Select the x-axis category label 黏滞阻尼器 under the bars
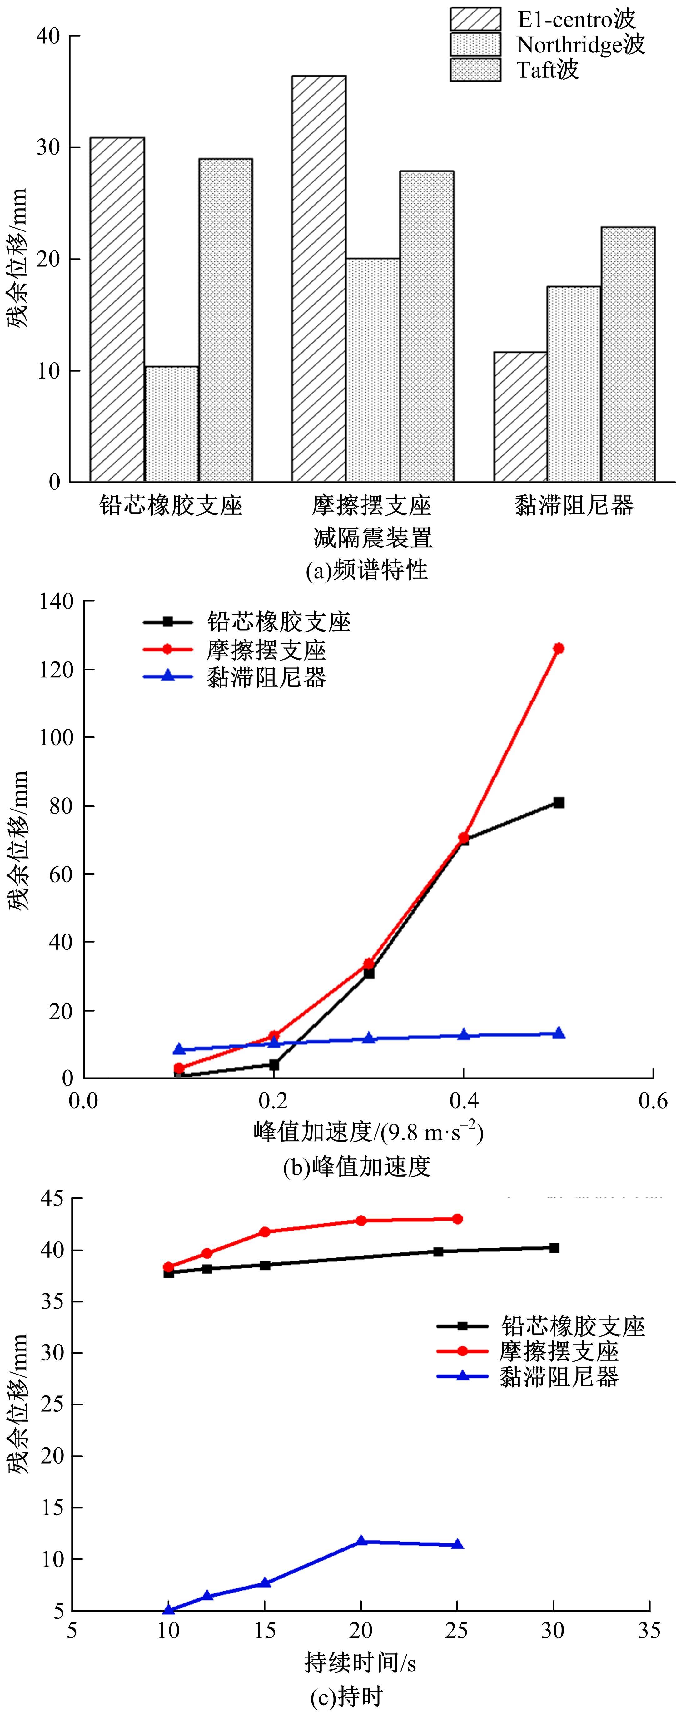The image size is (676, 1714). (574, 506)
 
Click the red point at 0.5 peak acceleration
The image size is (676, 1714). (558, 648)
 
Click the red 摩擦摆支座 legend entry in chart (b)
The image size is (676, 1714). (266, 649)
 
